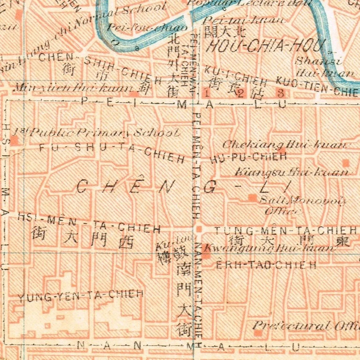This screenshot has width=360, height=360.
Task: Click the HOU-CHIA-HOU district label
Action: pyautogui.click(x=264, y=47)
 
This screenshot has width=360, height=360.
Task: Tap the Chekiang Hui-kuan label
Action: pyautogui.click(x=287, y=145)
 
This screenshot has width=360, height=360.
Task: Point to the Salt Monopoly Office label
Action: pyautogui.click(x=302, y=205)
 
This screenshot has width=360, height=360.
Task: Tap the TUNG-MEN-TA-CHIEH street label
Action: pyautogui.click(x=285, y=229)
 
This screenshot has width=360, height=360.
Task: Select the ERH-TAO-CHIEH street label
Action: pyautogui.click(x=266, y=265)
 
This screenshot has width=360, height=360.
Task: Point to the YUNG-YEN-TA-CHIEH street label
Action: pyautogui.click(x=81, y=295)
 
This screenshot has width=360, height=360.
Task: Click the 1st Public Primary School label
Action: pyautogui.click(x=96, y=132)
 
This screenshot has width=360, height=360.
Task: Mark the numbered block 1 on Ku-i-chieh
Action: pyautogui.click(x=206, y=92)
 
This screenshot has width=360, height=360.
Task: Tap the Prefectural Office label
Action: pyautogui.click(x=306, y=325)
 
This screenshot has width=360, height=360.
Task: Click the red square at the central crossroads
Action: pyautogui.click(x=199, y=229)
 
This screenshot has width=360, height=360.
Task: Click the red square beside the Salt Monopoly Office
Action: pyautogui.click(x=252, y=198)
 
